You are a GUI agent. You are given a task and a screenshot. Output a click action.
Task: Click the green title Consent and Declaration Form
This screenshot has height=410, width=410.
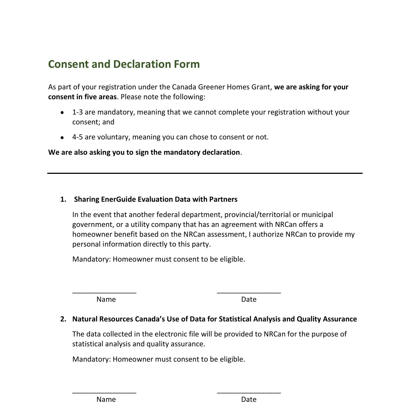point(124,64)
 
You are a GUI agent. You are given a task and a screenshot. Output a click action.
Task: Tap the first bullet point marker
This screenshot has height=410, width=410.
point(63,112)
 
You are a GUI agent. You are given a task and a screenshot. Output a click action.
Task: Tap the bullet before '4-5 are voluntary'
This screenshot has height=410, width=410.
point(63,137)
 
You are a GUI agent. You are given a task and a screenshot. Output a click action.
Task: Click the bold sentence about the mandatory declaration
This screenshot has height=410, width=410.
point(144,152)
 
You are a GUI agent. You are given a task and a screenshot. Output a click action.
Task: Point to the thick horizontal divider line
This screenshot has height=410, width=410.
point(205,173)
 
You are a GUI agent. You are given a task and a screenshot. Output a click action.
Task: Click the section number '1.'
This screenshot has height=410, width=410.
point(63,199)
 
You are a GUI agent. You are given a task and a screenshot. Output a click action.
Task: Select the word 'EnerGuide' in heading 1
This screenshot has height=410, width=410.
point(119,199)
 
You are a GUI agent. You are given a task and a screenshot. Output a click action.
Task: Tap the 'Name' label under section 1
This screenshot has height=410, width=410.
point(106,299)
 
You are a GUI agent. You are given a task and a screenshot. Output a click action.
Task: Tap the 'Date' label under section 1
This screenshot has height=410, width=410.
point(249,299)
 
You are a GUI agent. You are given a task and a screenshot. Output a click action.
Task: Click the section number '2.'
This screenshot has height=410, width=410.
point(63,319)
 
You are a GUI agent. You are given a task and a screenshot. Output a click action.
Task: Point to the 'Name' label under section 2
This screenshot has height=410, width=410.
point(106,399)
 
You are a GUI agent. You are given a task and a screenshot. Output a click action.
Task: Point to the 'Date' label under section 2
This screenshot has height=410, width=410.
point(249,399)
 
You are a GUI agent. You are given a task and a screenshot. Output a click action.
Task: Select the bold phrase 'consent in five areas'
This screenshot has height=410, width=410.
point(82,97)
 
